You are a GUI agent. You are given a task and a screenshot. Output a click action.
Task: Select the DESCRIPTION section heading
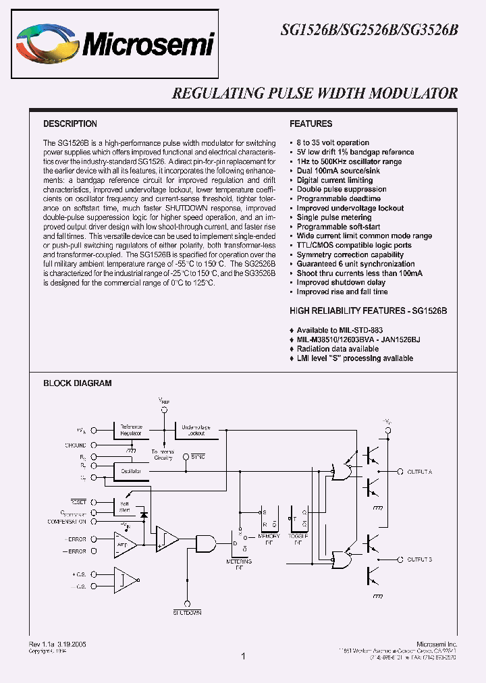pos(70,124)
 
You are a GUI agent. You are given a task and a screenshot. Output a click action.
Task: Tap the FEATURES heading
pos(310,124)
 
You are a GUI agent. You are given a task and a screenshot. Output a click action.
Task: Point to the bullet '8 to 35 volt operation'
pos(333,143)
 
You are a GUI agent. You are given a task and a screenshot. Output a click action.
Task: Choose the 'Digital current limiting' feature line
pos(335,180)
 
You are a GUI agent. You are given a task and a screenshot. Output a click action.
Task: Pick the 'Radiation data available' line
pos(337,349)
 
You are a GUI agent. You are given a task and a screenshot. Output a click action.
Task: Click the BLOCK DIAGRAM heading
pos(77,383)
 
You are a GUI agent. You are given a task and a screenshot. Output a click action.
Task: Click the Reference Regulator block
pos(131,430)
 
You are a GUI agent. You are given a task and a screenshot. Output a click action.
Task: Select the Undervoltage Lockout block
pos(196,430)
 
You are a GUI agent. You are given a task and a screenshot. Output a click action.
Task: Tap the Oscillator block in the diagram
pos(131,471)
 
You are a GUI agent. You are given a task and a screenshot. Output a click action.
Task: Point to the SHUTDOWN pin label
pos(186,612)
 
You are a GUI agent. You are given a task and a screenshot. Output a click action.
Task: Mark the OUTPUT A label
pos(420,471)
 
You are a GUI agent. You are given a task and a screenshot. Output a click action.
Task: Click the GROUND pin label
pos(76,445)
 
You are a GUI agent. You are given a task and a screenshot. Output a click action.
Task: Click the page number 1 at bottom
pos(243,656)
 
